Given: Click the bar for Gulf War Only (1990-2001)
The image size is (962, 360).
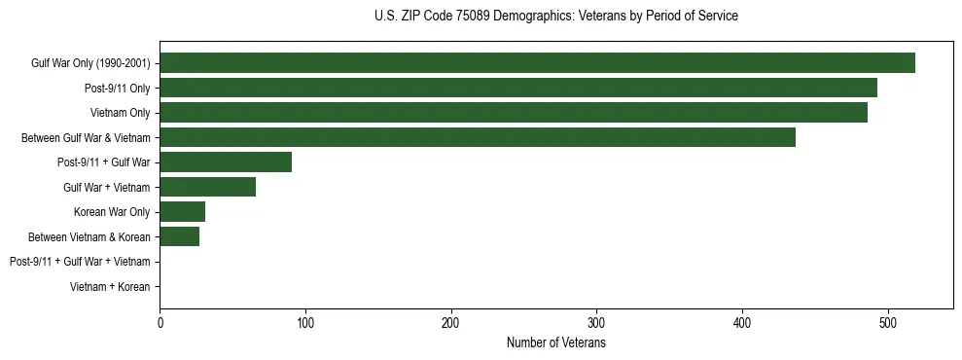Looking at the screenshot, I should click(537, 63).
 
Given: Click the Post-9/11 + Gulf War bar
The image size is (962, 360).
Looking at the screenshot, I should click(226, 162).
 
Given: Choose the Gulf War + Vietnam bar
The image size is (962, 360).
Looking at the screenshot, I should click(208, 187).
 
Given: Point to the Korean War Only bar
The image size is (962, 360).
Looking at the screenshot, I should click(183, 212).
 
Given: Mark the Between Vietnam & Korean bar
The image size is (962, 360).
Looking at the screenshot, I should click(180, 236).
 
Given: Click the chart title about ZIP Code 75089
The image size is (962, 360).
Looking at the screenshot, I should click(555, 17).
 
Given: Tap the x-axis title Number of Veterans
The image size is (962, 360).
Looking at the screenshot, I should click(555, 343).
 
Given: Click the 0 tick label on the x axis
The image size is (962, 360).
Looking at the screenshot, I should click(160, 323).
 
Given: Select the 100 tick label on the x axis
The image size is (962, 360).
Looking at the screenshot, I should click(305, 323).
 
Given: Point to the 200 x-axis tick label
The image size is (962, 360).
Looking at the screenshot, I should click(451, 323).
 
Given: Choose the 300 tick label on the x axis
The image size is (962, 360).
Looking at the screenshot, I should click(596, 323).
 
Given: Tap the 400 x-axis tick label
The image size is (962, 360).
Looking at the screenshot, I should click(742, 323).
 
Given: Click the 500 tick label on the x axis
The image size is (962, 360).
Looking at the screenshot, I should click(888, 323).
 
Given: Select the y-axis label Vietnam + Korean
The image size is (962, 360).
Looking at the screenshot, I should click(110, 287).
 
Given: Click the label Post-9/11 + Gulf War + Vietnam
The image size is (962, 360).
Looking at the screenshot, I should click(80, 262).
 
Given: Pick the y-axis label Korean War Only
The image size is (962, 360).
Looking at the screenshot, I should click(112, 212).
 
